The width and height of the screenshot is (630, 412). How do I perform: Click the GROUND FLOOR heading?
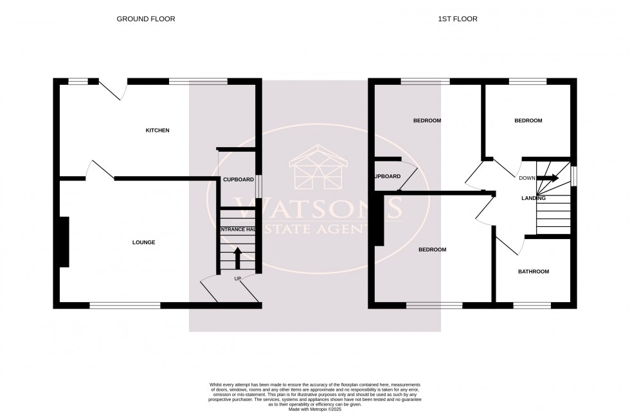point(145,19)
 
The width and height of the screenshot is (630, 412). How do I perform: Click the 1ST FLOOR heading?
point(457,19)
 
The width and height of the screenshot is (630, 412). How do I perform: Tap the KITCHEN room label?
point(157,130)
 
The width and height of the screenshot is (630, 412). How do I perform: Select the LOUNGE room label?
point(143,242)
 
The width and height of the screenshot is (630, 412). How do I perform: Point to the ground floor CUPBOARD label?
point(238,179)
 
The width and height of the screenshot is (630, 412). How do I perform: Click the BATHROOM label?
point(534,271)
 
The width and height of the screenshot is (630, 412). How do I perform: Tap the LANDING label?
point(533,198)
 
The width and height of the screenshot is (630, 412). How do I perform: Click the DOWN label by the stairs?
point(527,179)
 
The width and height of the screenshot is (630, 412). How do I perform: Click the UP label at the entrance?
point(237,278)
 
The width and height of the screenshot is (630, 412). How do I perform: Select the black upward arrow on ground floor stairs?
point(237,258)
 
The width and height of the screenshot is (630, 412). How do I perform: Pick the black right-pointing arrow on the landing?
point(551,179)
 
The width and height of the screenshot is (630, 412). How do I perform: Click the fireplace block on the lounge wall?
point(64,242)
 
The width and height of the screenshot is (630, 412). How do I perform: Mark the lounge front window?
point(125,305)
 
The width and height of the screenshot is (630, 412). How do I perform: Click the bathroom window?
point(531,305)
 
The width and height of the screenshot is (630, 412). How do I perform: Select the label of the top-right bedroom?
point(528,121)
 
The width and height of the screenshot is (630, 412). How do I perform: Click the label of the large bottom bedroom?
point(432,249)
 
